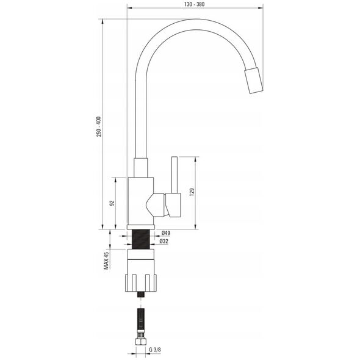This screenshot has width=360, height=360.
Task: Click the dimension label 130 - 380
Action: point(194,4)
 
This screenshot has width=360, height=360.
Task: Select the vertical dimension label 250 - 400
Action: point(99,127)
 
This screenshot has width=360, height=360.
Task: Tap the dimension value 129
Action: point(192,192)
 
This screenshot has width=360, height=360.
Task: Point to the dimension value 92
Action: point(112,203)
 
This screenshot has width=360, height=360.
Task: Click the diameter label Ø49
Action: point(166,233)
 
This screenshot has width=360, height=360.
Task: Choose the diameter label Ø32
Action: point(164,241)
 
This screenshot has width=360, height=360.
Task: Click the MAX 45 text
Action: point(106,261)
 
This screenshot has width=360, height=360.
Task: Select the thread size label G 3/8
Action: point(155,350)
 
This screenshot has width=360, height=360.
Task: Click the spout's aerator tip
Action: point(254,81)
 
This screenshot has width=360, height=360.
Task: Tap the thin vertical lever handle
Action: point(175,175)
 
